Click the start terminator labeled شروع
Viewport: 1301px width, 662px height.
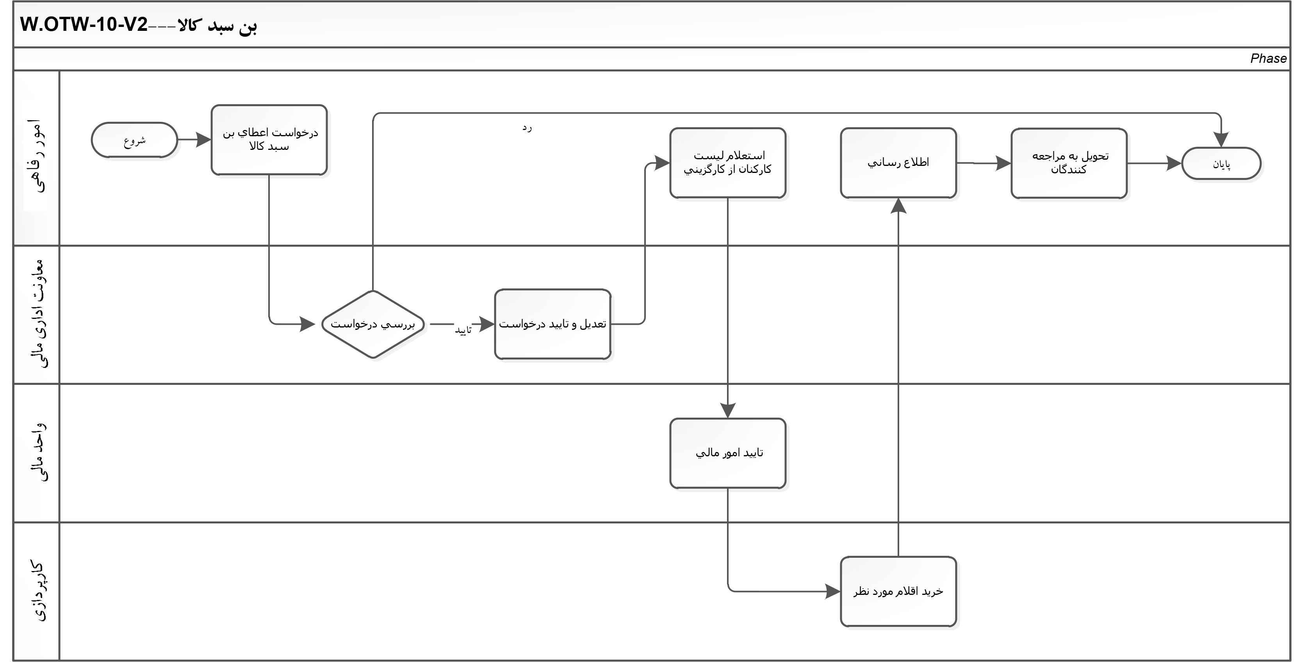[x=134, y=140]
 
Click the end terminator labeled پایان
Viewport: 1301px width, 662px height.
[x=1221, y=163]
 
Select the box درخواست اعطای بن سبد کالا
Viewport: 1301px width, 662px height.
[x=269, y=140]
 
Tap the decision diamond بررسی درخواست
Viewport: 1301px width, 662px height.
[x=373, y=324]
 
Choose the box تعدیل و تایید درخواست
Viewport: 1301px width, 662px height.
[x=552, y=324]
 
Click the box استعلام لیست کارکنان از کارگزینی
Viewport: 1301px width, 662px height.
[x=728, y=163]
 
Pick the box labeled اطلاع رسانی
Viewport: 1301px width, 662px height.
[x=898, y=163]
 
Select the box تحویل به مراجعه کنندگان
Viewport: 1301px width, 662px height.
[x=1069, y=163]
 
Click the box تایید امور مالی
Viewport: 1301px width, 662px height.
[x=728, y=453]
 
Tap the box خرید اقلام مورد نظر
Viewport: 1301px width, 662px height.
[x=898, y=591]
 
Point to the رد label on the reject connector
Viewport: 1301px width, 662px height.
[x=527, y=128]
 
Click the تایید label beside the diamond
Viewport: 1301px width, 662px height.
[x=463, y=330]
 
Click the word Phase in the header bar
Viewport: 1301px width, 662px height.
[x=1268, y=59]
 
